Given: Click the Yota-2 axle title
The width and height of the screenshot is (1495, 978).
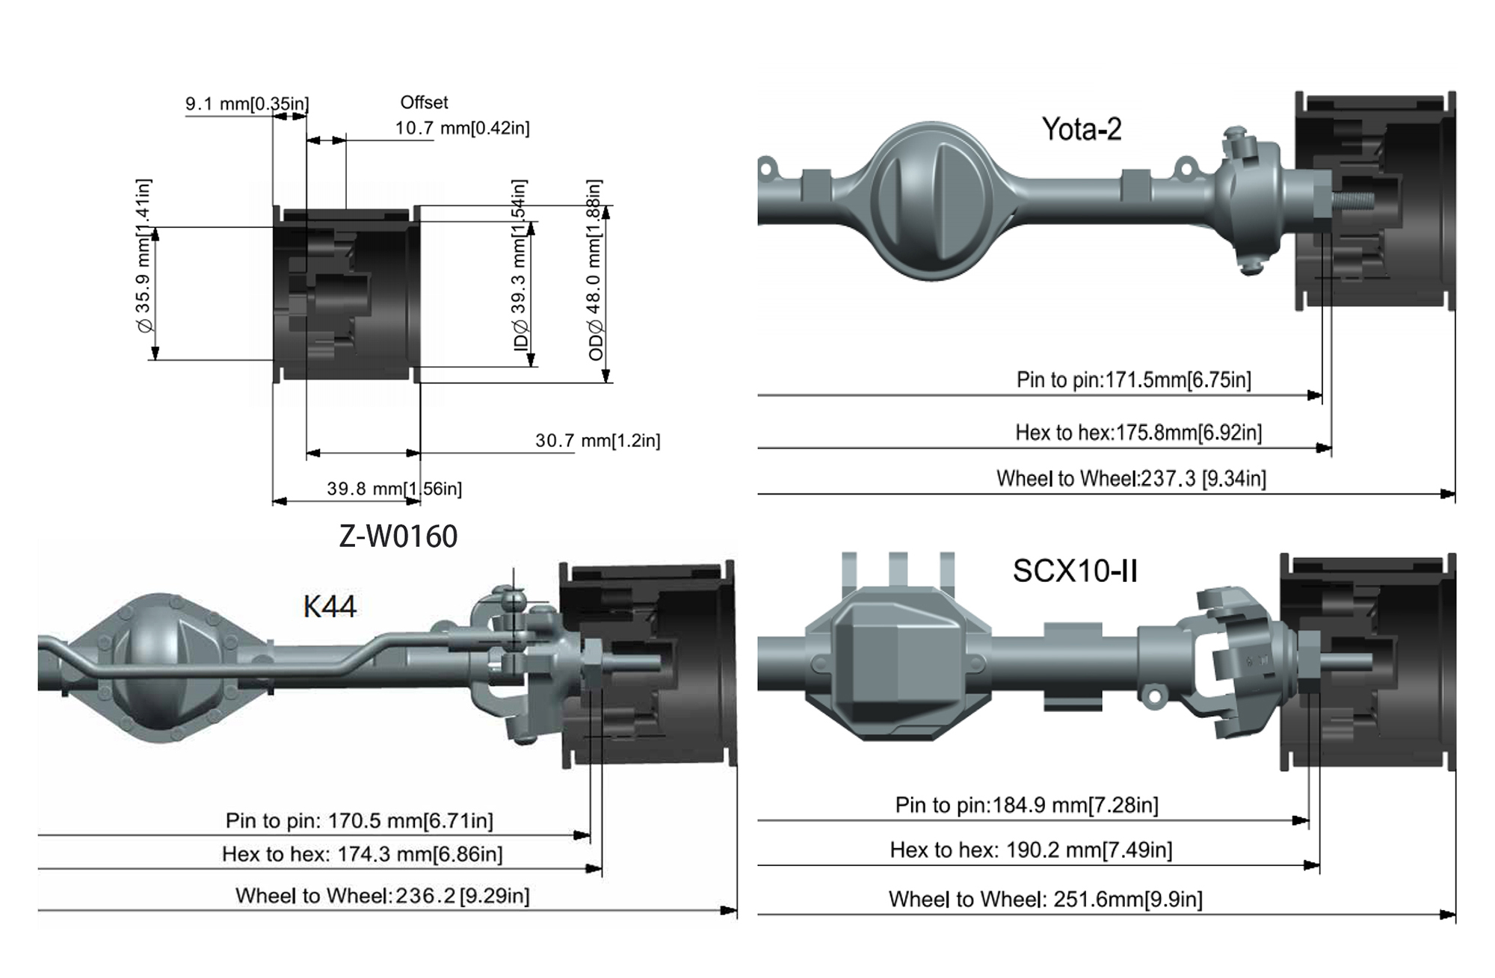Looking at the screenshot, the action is (x=1082, y=129).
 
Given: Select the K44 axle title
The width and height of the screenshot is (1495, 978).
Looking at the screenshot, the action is (x=330, y=606).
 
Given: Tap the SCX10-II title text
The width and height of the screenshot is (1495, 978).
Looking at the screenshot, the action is (x=1075, y=571).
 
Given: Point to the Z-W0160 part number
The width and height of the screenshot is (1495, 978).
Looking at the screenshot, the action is (x=398, y=536).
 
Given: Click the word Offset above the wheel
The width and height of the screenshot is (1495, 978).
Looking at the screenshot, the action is (x=424, y=102).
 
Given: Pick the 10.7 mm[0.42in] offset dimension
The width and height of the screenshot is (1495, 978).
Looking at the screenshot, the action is (x=462, y=129).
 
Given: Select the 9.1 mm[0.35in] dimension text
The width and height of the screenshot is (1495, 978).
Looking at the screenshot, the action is (x=247, y=104).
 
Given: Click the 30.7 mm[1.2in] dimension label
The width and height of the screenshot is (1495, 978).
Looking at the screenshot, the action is (x=598, y=441).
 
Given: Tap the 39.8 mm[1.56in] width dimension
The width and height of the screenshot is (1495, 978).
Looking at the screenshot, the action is (x=395, y=489).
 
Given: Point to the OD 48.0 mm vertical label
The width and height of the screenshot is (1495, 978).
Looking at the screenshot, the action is (x=595, y=270).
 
